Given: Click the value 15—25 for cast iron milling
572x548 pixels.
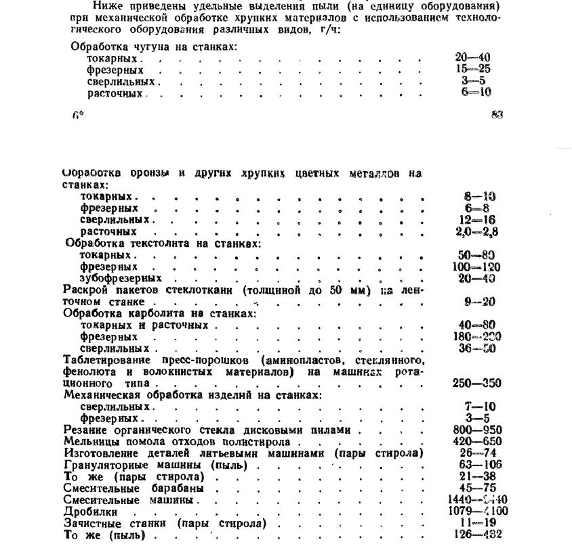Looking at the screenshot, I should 473,69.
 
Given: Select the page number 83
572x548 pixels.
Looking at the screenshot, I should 497,115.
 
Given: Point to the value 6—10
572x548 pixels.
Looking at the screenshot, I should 476,92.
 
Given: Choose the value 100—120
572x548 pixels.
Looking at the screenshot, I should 476,267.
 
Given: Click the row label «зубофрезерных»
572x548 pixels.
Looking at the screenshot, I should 121,278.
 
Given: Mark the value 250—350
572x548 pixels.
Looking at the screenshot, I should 476,383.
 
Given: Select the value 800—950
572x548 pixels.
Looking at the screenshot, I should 476,430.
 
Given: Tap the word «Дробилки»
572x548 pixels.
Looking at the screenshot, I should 87,512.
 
